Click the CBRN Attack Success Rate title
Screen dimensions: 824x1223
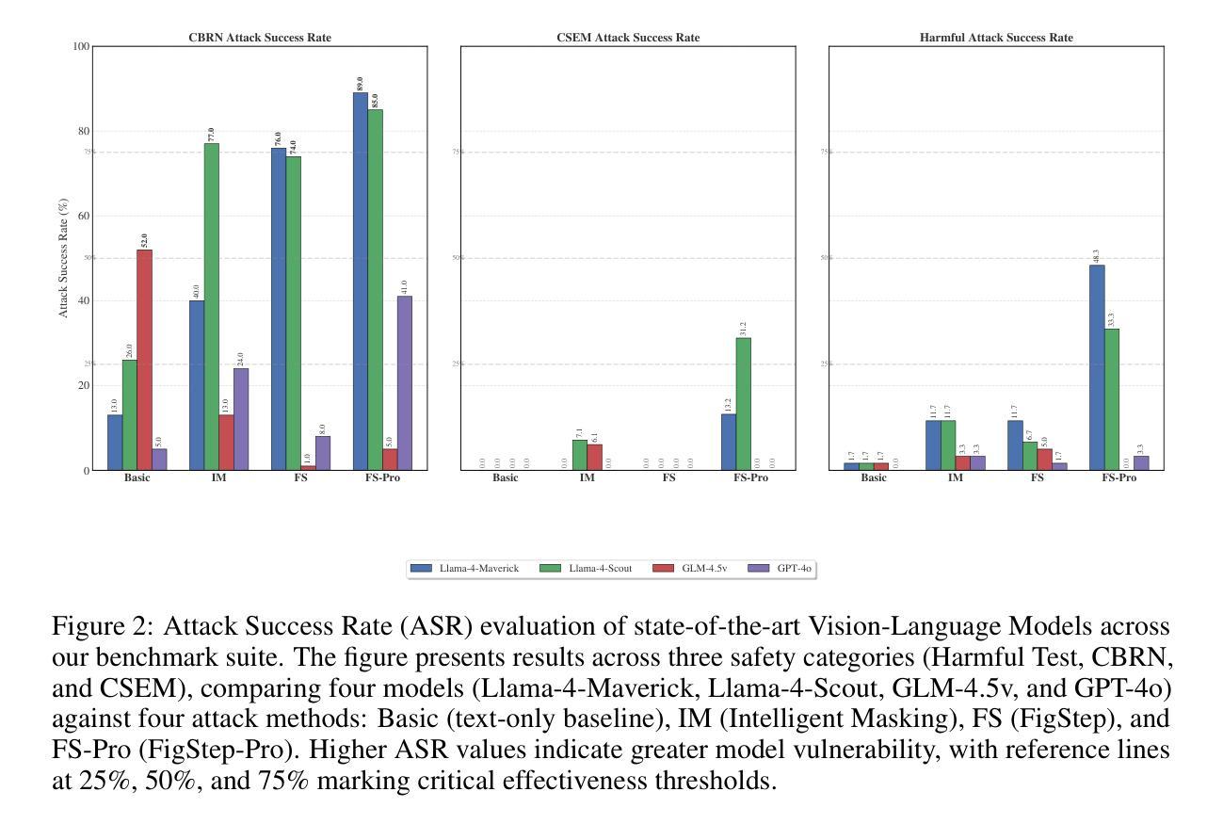pos(260,38)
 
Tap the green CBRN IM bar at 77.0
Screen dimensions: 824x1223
pos(211,306)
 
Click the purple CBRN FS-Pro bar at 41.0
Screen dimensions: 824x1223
pos(405,382)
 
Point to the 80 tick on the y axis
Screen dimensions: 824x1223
pos(83,132)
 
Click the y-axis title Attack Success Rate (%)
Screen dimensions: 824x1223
pos(64,258)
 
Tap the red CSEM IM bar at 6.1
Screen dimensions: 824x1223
pos(594,457)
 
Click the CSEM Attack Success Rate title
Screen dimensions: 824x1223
pos(628,38)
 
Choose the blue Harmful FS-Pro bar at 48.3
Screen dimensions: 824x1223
pos(1097,367)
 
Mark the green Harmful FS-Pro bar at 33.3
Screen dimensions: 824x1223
pos(1112,398)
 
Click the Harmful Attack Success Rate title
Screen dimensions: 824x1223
pos(996,38)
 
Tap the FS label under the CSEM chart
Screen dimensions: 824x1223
pos(668,477)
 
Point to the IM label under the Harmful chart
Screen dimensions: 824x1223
pos(956,477)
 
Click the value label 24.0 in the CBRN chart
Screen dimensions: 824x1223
pos(240,360)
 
